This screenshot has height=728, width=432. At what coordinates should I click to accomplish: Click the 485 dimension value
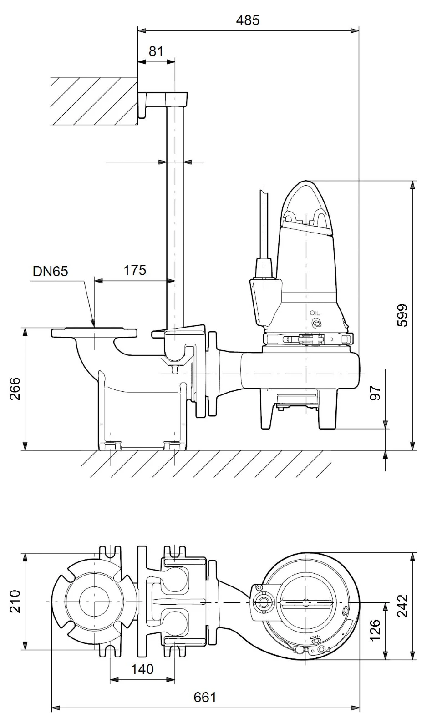point(248,20)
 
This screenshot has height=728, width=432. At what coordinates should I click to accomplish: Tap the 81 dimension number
point(156,51)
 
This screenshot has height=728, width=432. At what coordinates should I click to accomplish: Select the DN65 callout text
point(51,271)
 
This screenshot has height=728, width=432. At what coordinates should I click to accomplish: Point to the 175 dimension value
point(135,270)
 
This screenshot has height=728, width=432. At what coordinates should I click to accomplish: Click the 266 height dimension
point(15,389)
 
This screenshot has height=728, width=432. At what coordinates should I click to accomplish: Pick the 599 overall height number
point(402,316)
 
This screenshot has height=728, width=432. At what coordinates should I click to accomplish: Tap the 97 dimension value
point(375,394)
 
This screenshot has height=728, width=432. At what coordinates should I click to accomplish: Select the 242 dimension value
point(402,606)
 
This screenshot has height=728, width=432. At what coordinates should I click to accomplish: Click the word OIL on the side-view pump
point(315,313)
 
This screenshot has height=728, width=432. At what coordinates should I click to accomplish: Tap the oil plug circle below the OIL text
point(315,323)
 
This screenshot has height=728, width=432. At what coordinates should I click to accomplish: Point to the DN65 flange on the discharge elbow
point(94,333)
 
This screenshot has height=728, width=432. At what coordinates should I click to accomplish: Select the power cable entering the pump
point(264,224)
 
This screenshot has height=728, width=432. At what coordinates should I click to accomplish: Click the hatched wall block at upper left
point(94,101)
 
